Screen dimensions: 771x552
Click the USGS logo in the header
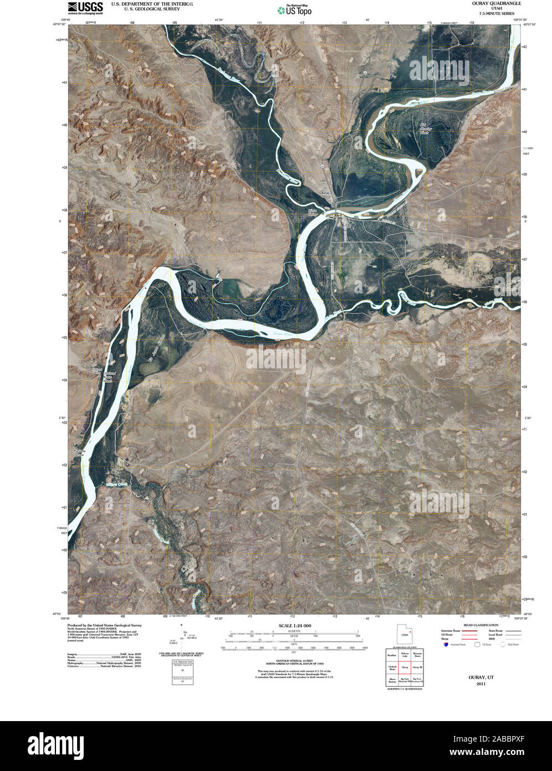pos(85,7)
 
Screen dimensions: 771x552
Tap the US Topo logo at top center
pos(294,9)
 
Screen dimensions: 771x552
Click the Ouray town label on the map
pos(325,192)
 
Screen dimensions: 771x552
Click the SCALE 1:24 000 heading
pos(294,626)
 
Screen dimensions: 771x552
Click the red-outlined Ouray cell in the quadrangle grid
pos(405,667)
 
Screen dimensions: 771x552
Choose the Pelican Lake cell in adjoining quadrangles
pos(405,655)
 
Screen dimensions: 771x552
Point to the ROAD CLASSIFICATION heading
pos(481,625)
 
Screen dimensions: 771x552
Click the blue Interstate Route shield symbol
pos(446,645)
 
